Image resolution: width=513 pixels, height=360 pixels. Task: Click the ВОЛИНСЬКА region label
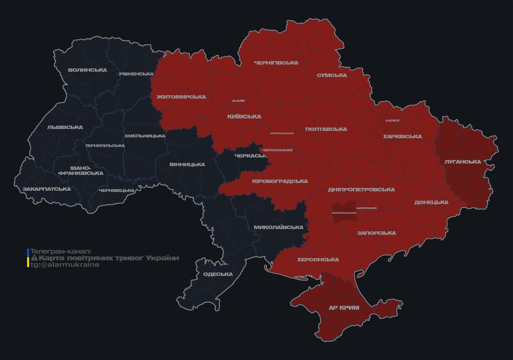tap(87, 70)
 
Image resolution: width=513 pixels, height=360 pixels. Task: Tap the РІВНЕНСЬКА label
tap(136, 74)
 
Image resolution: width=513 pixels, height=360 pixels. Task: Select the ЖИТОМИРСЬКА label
tap(181, 97)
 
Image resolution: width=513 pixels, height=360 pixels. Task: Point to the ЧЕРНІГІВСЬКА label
tap(276, 63)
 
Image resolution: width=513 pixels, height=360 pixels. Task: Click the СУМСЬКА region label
tap(332, 75)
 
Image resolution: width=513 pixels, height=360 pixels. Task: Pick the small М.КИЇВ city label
tap(238, 101)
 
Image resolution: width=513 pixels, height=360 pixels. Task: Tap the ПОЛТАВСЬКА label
tap(326, 129)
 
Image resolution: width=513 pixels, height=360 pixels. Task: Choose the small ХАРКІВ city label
tap(392, 120)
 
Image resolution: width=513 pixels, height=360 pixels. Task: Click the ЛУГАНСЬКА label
tap(462, 162)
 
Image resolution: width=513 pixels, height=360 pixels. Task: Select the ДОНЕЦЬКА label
tap(431, 202)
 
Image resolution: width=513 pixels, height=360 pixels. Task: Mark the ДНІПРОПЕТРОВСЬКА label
tap(361, 190)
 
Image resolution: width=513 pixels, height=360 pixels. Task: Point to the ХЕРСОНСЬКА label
tap(318, 260)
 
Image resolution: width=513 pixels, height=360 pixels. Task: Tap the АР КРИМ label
tap(343, 308)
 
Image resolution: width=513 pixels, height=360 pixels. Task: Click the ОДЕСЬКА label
tap(218, 274)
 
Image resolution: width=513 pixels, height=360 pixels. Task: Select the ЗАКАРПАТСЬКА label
tap(47, 189)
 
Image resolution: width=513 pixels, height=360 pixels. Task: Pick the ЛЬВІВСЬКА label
tap(65, 127)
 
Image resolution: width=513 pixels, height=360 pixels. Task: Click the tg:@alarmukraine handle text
tap(65, 265)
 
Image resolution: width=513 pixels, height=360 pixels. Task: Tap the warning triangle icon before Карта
tap(34, 258)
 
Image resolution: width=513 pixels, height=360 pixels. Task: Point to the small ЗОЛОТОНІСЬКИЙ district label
tap(282, 133)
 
